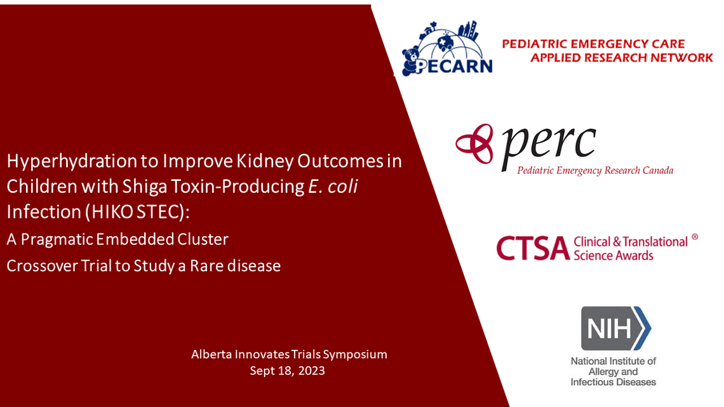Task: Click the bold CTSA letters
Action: pyautogui.click(x=531, y=248)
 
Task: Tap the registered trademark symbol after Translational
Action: pyautogui.click(x=694, y=237)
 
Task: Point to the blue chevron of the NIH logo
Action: pyautogui.click(x=643, y=328)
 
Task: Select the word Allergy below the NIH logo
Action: pyautogui.click(x=612, y=371)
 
